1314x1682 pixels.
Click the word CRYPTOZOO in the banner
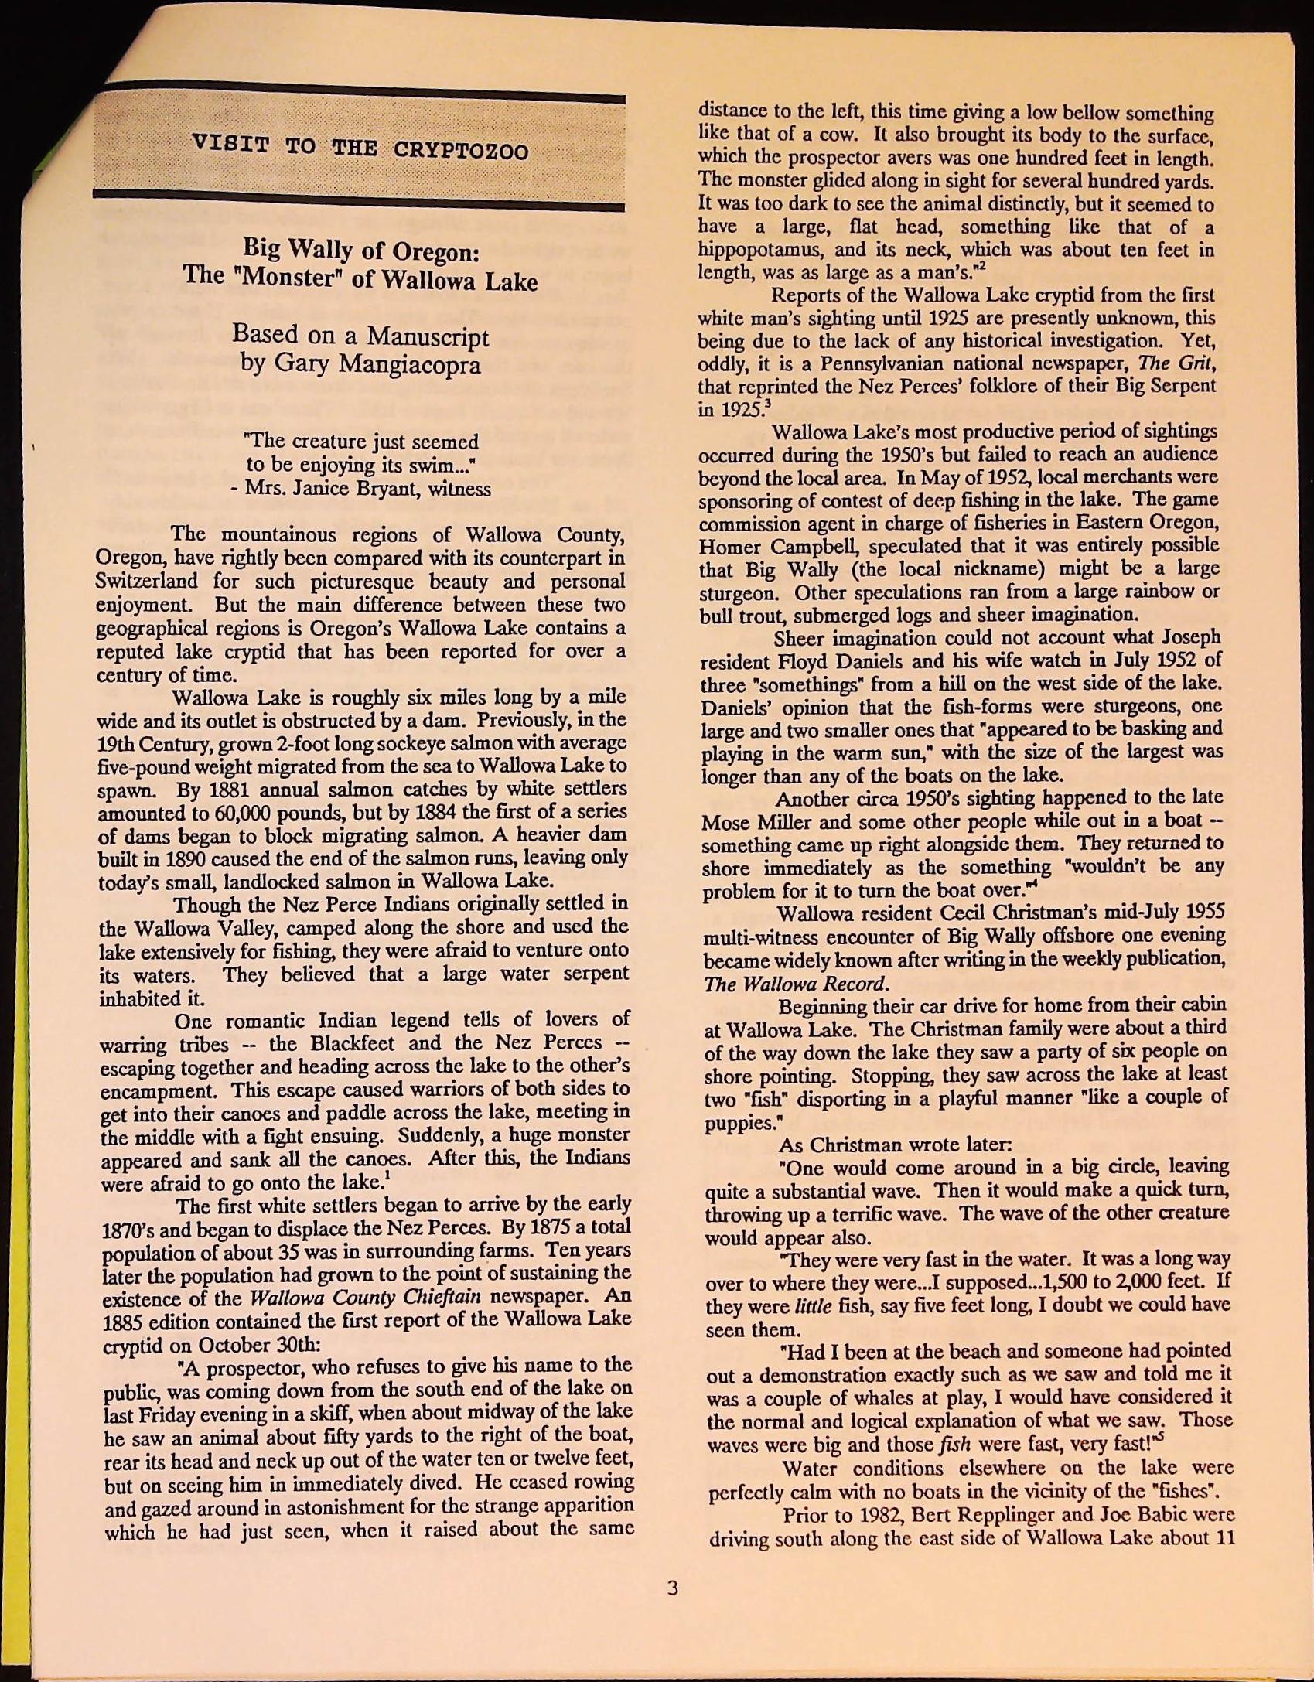(x=461, y=149)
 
